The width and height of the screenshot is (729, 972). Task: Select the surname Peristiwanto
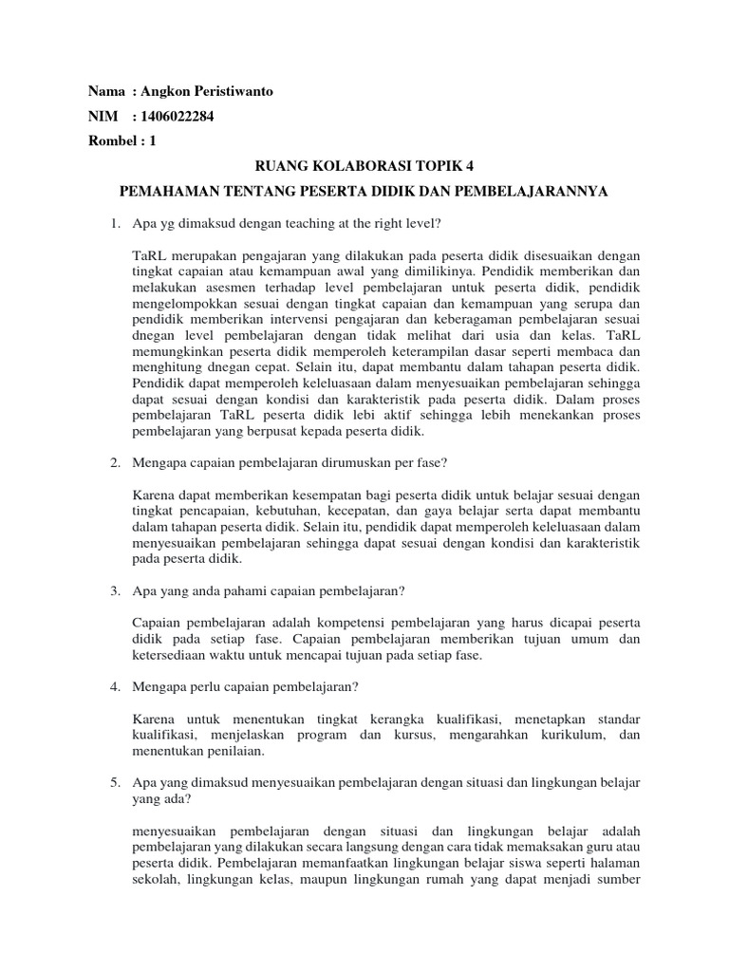(x=237, y=92)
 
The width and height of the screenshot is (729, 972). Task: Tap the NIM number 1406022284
(x=182, y=117)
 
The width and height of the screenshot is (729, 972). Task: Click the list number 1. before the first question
(x=114, y=223)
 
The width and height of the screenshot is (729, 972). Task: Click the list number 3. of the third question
(x=114, y=590)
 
